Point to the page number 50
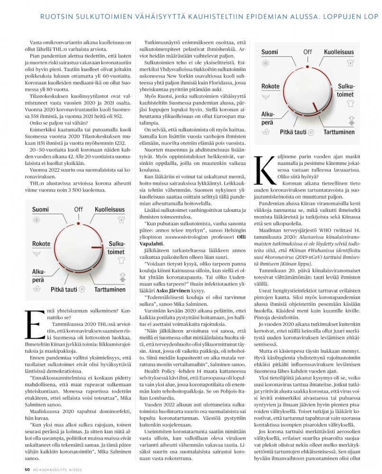tap(27, 469)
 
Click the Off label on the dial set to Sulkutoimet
tap(78, 209)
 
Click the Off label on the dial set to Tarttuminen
tap(307, 52)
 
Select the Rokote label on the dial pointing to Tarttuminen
tap(270, 86)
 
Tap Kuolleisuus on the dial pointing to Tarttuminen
tap(339, 52)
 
